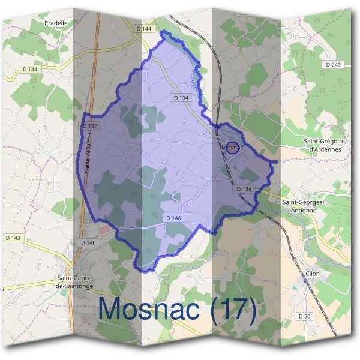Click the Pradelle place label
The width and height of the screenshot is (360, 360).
(x=56, y=23)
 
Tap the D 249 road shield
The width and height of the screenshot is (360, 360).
(x=332, y=64)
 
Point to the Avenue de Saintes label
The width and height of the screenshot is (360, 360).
(x=88, y=151)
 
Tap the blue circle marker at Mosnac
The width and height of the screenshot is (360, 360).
(x=232, y=148)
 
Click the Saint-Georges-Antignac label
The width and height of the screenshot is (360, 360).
(x=304, y=206)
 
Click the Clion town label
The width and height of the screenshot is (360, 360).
(x=312, y=274)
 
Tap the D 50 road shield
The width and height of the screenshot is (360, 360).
(x=305, y=316)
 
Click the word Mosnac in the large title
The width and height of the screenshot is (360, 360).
(x=150, y=310)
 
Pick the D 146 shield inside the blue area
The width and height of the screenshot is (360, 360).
(x=173, y=217)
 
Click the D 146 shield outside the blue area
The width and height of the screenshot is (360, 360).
(x=88, y=242)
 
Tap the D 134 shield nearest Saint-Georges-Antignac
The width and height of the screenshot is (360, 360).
(x=244, y=189)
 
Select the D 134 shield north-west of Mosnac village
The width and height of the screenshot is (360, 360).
(x=181, y=97)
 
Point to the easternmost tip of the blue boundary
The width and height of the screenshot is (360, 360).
(x=278, y=161)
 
